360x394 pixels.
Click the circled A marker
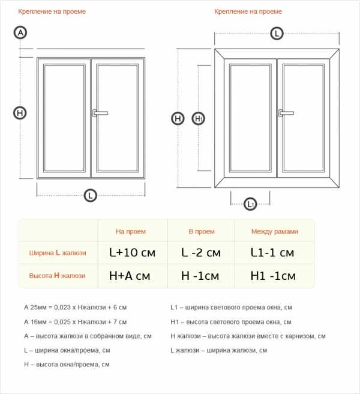(x=20, y=32)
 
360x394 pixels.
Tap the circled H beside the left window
(x=20, y=113)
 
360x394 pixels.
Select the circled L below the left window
(x=91, y=195)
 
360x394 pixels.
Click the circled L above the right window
(x=277, y=34)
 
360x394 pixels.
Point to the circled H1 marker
(x=199, y=118)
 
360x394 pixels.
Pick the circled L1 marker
(x=250, y=204)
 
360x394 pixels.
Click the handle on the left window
(x=100, y=113)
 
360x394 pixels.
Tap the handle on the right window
(x=286, y=113)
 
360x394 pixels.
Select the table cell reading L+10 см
(x=133, y=252)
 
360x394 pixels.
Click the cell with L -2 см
(x=201, y=252)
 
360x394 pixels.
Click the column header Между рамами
(x=275, y=231)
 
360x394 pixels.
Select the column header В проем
(x=202, y=231)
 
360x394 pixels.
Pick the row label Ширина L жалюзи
(x=58, y=253)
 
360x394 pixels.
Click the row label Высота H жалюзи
(x=57, y=276)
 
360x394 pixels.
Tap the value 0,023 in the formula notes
(x=62, y=308)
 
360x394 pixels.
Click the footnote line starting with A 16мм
(x=76, y=322)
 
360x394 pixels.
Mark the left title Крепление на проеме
(x=52, y=11)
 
